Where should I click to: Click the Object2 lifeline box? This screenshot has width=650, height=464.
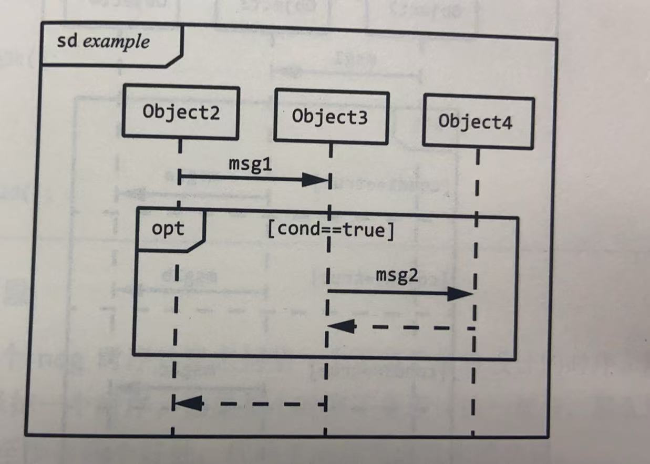[181, 112]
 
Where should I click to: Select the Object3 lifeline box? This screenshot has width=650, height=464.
[331, 117]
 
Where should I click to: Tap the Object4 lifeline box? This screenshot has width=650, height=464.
[478, 121]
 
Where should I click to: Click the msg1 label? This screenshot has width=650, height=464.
[251, 163]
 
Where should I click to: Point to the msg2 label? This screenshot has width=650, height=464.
[397, 275]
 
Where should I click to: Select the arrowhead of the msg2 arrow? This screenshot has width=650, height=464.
[460, 294]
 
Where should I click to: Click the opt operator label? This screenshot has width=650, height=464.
[168, 229]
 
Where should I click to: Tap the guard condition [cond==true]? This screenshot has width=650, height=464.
[331, 230]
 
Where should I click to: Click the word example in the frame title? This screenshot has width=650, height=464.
[116, 42]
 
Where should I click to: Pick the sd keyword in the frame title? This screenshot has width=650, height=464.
[67, 41]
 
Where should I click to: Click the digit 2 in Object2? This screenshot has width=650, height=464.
[213, 112]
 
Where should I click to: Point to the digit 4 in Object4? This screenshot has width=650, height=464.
[506, 122]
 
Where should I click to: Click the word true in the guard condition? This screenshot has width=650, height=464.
[366, 230]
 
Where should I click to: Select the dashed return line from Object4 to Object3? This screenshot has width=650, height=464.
[415, 327]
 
